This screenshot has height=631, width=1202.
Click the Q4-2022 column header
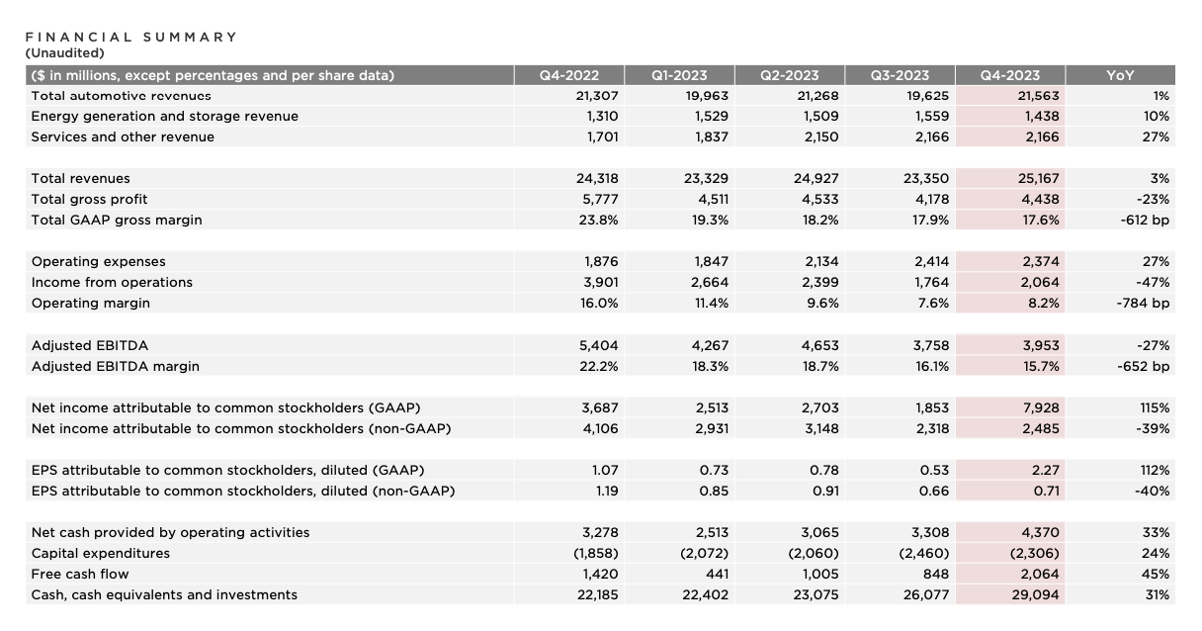click(568, 75)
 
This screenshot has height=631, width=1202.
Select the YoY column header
click(1120, 75)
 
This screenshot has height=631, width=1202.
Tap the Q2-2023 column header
click(790, 75)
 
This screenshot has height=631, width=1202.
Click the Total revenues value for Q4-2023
click(1038, 178)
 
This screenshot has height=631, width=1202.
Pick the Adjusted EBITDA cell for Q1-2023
click(710, 345)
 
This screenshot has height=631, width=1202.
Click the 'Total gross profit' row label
click(89, 199)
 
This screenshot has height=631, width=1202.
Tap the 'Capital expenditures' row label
click(101, 553)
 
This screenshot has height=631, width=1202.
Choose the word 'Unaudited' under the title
click(64, 52)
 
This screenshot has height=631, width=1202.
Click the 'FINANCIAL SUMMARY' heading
click(130, 37)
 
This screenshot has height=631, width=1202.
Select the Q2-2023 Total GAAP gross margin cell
click(820, 220)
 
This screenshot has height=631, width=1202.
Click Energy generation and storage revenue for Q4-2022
click(603, 116)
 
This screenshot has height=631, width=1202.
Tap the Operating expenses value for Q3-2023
click(931, 261)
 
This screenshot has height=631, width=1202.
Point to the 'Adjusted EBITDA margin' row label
click(116, 366)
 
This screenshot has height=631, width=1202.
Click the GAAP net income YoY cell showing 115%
click(1155, 407)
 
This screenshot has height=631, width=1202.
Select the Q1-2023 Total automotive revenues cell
click(707, 96)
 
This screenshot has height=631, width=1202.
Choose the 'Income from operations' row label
click(112, 283)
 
